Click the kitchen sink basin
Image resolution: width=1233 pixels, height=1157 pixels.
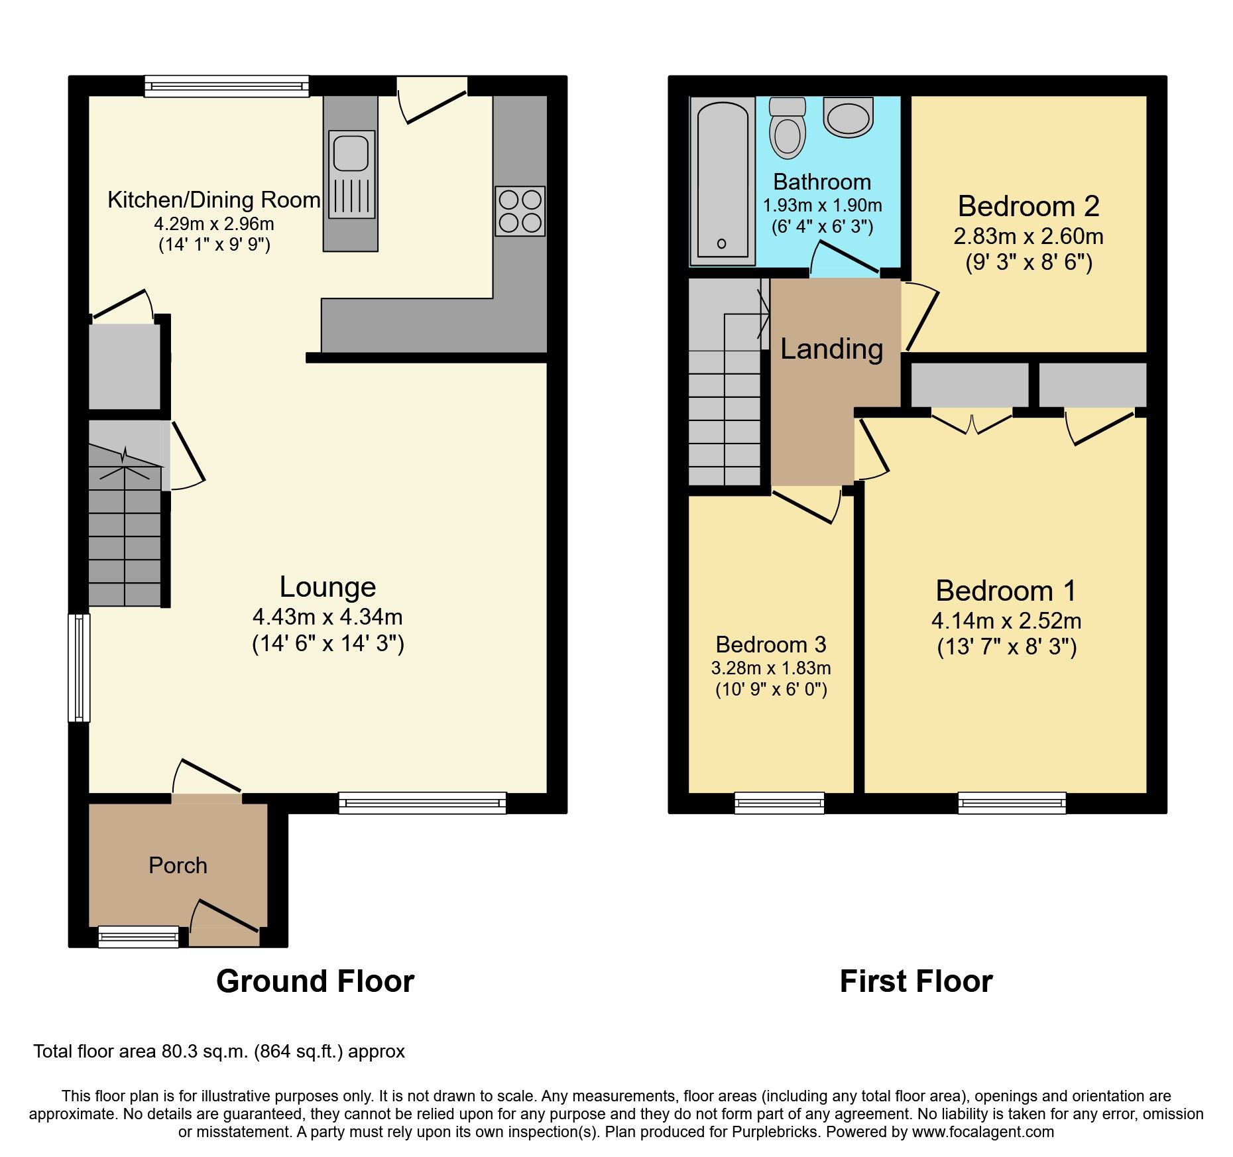point(351,152)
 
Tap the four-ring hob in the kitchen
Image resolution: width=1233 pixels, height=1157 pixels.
point(520,211)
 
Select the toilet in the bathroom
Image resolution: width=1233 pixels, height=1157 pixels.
point(788,130)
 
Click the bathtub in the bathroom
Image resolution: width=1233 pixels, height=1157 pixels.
point(723,180)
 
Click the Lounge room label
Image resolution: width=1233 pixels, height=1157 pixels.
point(327,587)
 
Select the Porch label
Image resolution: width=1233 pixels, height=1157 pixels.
point(178,865)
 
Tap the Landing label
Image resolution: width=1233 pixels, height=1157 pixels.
point(831,349)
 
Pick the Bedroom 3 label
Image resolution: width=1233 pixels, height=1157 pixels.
point(771,644)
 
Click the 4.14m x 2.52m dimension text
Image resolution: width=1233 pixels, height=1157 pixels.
point(1006,621)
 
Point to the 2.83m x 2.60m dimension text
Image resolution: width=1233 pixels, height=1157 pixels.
point(1028,236)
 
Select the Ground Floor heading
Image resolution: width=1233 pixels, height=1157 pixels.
point(315,981)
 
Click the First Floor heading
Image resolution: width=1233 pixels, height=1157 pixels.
point(915,981)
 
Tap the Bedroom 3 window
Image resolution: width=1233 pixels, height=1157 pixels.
point(779,803)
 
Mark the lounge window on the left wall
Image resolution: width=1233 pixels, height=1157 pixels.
point(79,667)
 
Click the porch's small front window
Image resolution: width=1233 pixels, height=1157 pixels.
point(138,936)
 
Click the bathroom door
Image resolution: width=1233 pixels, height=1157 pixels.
point(846,259)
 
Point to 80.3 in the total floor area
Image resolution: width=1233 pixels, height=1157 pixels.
point(180,1052)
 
